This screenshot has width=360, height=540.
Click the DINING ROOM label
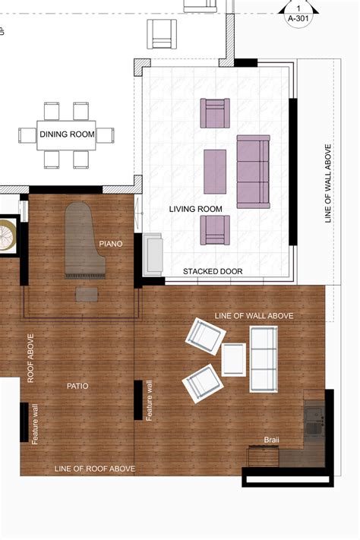(67, 134)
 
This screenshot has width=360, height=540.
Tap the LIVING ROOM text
(195, 209)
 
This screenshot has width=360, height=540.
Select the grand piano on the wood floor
(85, 240)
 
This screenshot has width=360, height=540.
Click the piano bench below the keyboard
(87, 295)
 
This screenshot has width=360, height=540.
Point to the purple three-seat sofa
(253, 172)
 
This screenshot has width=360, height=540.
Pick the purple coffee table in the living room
(215, 172)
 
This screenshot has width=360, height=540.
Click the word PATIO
(77, 386)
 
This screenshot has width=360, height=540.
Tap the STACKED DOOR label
(213, 271)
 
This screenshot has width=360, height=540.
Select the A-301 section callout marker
(298, 14)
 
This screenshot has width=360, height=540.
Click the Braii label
(271, 440)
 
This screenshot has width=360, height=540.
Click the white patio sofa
(264, 359)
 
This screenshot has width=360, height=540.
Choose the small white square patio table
(234, 359)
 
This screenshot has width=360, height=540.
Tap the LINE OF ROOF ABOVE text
(95, 469)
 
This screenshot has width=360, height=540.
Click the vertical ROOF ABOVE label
(30, 358)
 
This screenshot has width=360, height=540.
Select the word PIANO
(111, 244)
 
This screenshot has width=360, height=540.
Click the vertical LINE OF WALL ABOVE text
(328, 184)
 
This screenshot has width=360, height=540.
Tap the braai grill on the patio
(263, 456)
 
